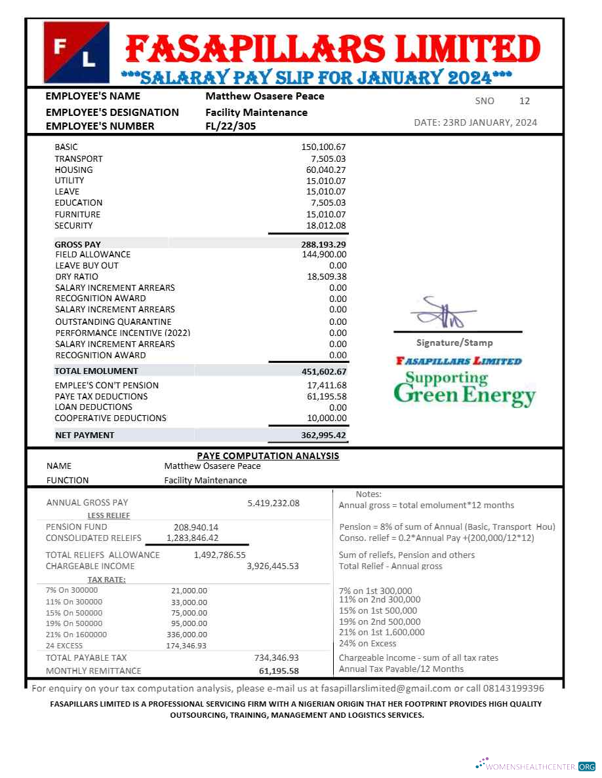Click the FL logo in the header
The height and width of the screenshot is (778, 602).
(76, 52)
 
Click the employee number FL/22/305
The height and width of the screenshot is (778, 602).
(231, 126)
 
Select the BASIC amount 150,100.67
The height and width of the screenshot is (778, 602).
(323, 147)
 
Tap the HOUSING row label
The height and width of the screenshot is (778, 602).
(73, 170)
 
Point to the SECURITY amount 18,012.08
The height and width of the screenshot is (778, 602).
(326, 225)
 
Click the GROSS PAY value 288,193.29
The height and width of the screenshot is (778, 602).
(323, 244)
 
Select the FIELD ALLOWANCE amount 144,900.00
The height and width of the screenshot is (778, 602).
(324, 254)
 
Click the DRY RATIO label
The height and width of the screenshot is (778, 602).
(77, 276)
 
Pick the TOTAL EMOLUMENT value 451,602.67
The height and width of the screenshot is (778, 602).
(324, 371)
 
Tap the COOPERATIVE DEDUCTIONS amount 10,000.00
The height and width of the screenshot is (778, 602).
(327, 418)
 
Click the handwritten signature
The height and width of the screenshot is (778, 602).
(443, 314)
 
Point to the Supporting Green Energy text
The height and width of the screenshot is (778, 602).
(464, 388)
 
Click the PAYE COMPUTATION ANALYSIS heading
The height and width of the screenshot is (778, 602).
(268, 456)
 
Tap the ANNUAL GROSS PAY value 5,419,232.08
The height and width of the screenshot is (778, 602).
(273, 503)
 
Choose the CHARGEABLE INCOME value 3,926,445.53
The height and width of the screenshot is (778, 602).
(273, 566)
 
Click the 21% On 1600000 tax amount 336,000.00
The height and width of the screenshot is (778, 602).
(189, 634)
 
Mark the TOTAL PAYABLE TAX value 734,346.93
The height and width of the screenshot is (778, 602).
(276, 658)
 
